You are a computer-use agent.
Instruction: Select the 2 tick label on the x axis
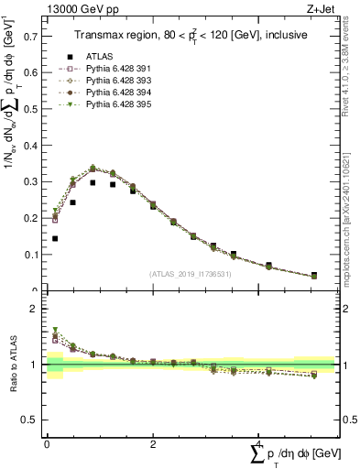pyautogui.click(x=152, y=443)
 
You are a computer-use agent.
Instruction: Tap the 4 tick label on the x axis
pyautogui.click(x=258, y=443)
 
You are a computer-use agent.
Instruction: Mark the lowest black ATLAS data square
pyautogui.click(x=55, y=238)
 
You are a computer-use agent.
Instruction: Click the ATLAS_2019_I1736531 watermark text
pyautogui.click(x=190, y=274)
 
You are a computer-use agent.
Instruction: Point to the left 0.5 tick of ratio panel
pyautogui.click(x=35, y=420)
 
